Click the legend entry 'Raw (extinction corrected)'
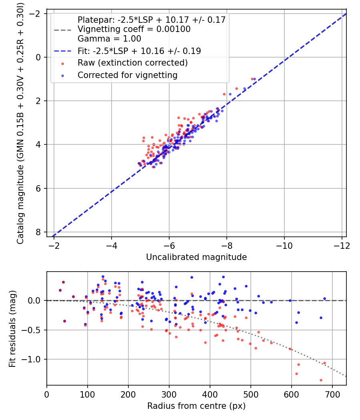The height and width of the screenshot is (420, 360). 132,63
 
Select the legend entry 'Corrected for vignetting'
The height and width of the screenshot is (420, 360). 128,75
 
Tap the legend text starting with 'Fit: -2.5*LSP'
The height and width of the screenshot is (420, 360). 139,51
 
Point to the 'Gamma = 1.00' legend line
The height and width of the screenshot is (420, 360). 109,39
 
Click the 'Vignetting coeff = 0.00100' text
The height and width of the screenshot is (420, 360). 134,29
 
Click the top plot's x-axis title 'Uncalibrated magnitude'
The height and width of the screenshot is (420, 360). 196,257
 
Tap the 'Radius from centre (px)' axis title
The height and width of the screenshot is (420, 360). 196,406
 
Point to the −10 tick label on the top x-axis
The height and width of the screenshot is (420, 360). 284,245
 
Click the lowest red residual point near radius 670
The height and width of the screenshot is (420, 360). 321,380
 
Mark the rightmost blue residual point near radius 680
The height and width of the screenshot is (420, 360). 324,298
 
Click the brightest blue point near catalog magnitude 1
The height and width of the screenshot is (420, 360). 255,79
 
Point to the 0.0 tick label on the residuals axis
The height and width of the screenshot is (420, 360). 36,300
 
